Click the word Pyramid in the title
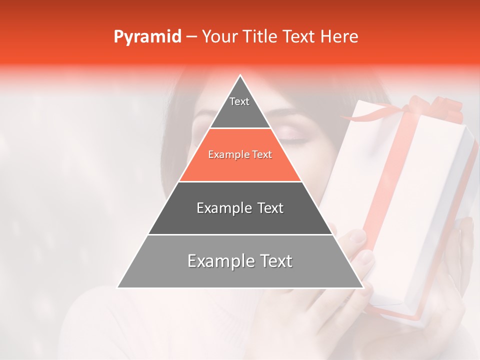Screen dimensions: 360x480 point(147,37)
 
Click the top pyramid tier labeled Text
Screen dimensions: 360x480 point(239,105)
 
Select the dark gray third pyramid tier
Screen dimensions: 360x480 point(240,208)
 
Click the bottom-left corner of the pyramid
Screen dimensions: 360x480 point(118,287)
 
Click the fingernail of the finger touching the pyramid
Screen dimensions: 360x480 point(365,257)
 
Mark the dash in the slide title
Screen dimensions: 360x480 point(191,37)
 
